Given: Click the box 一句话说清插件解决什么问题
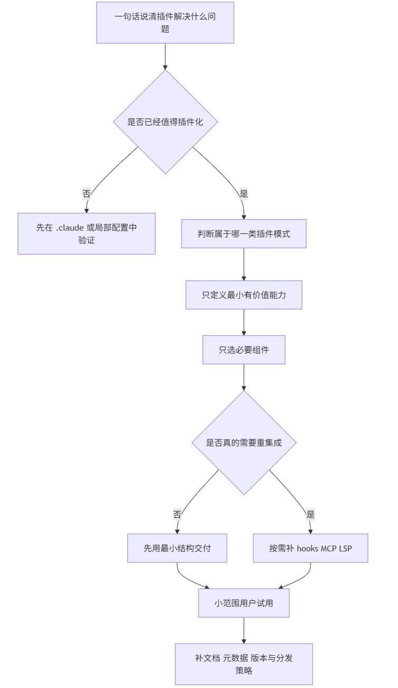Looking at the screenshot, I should pos(165,23).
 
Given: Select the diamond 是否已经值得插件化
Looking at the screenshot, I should pos(165,122).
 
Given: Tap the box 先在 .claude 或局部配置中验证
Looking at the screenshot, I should pos(87,234).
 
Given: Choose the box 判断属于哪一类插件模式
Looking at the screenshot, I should pos(244,234).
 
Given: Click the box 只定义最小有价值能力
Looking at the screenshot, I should pos(244,295).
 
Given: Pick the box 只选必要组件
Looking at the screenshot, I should pos(244,350).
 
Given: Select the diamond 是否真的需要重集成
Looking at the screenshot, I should pos(244,443).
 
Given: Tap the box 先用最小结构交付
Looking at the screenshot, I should pos(177,548).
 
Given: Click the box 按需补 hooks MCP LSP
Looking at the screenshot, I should pos(310,548).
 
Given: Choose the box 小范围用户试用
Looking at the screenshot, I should pos(244,603).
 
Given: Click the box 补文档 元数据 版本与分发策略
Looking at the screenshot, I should pos(244,664).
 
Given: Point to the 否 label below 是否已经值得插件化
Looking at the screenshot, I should pos(87,194).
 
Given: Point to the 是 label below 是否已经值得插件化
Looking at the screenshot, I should pos(243,194).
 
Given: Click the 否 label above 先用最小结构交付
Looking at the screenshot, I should pos(177,514).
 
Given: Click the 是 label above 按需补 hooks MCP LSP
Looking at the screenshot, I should pos(310,514).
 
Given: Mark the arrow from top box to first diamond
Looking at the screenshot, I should pos(165,56).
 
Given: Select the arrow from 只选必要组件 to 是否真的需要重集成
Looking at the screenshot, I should pos(244,377).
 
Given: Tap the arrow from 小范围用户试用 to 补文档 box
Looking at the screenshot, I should pos(244,630).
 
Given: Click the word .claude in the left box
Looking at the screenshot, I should pos(70,228).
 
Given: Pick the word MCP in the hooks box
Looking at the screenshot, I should pos(330,548).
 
